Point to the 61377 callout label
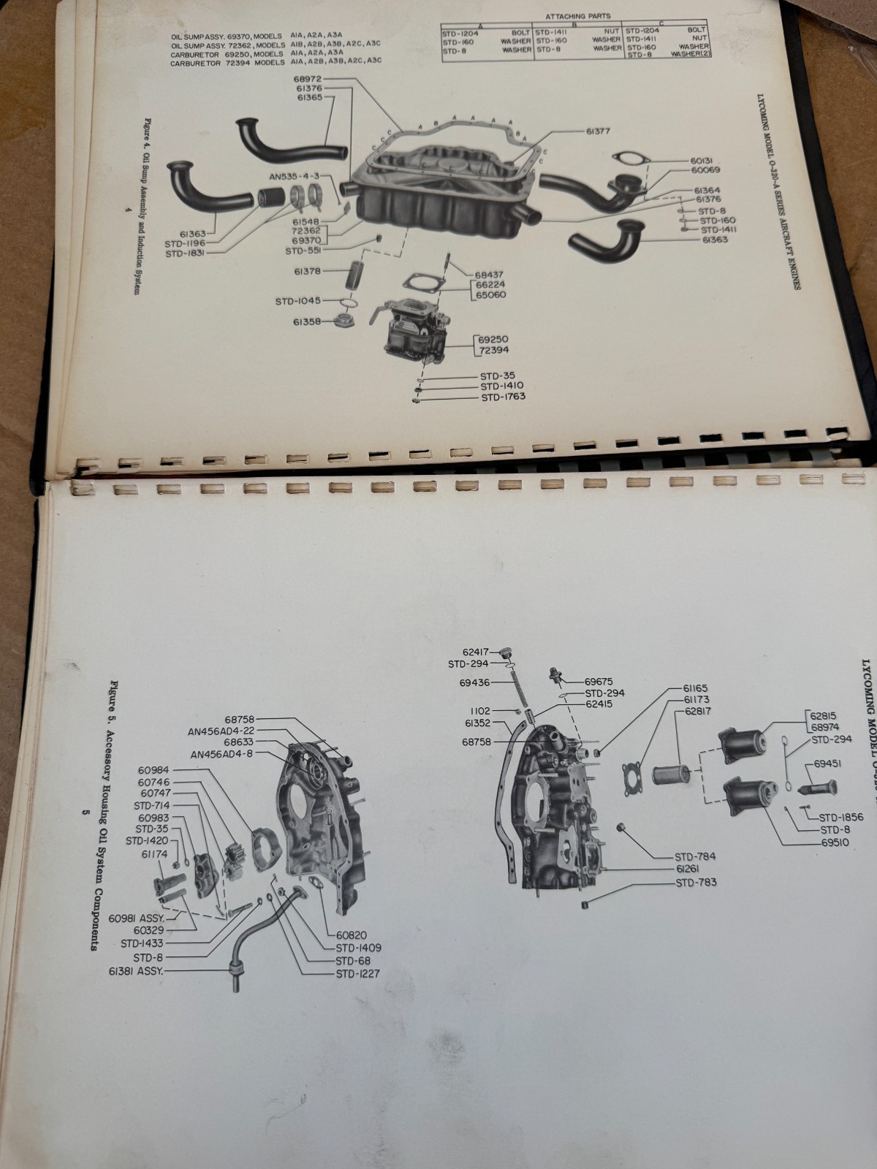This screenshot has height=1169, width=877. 597,132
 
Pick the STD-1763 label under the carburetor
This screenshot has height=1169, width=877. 504,397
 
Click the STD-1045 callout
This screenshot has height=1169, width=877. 297,301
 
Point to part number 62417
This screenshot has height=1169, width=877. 477,652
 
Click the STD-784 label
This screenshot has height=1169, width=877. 695,856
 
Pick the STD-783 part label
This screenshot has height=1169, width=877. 696,883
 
